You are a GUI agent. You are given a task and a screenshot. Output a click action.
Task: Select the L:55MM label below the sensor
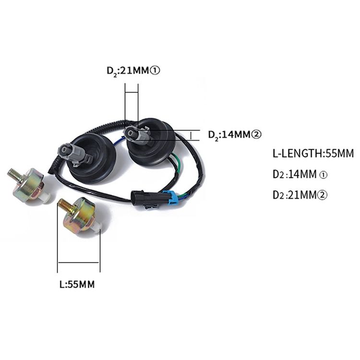(77, 285)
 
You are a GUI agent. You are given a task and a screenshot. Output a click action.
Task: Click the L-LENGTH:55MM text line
(313, 154)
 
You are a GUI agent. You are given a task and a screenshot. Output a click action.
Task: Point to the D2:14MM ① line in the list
(300, 175)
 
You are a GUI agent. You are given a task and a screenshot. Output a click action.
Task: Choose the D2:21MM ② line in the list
(300, 195)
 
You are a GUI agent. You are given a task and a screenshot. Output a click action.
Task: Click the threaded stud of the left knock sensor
(14, 175)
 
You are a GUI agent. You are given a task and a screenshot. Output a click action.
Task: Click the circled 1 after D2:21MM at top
(155, 71)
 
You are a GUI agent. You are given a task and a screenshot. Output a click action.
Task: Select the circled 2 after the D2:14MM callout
(256, 134)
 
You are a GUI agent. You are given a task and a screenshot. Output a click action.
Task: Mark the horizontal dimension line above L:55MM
(79, 262)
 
